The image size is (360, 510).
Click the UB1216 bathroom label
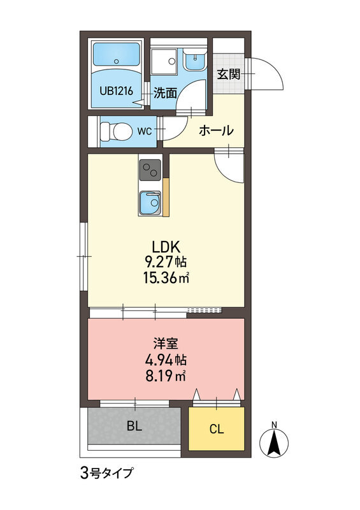pos(116,91)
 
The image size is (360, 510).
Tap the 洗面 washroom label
pos(165,93)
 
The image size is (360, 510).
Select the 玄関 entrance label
pos(229,75)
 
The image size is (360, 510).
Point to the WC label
pos(145,131)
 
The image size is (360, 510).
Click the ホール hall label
pos(216,131)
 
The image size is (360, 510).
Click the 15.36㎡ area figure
pos(166,277)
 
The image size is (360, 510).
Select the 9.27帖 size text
pos(166,262)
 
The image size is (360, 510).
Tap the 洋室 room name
pos(166,344)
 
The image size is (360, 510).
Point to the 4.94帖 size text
pos(166,360)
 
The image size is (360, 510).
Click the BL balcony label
pos(134,426)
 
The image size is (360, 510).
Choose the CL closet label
pos(217,429)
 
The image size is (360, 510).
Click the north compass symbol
pos(274,441)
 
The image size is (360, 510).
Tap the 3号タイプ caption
pos(106,473)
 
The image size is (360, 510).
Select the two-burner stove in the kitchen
pos(150,170)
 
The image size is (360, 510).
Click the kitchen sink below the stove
pos(150,203)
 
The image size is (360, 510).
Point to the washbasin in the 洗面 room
pos(194,59)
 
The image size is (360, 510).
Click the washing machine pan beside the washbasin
pos(164,62)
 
